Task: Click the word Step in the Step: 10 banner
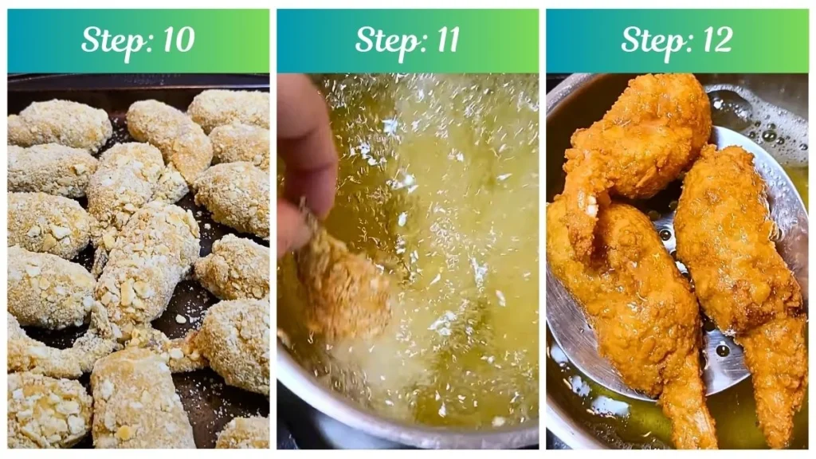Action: click(110, 40)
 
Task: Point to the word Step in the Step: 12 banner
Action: click(649, 40)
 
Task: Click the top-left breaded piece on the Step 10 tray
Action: click(60, 124)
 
